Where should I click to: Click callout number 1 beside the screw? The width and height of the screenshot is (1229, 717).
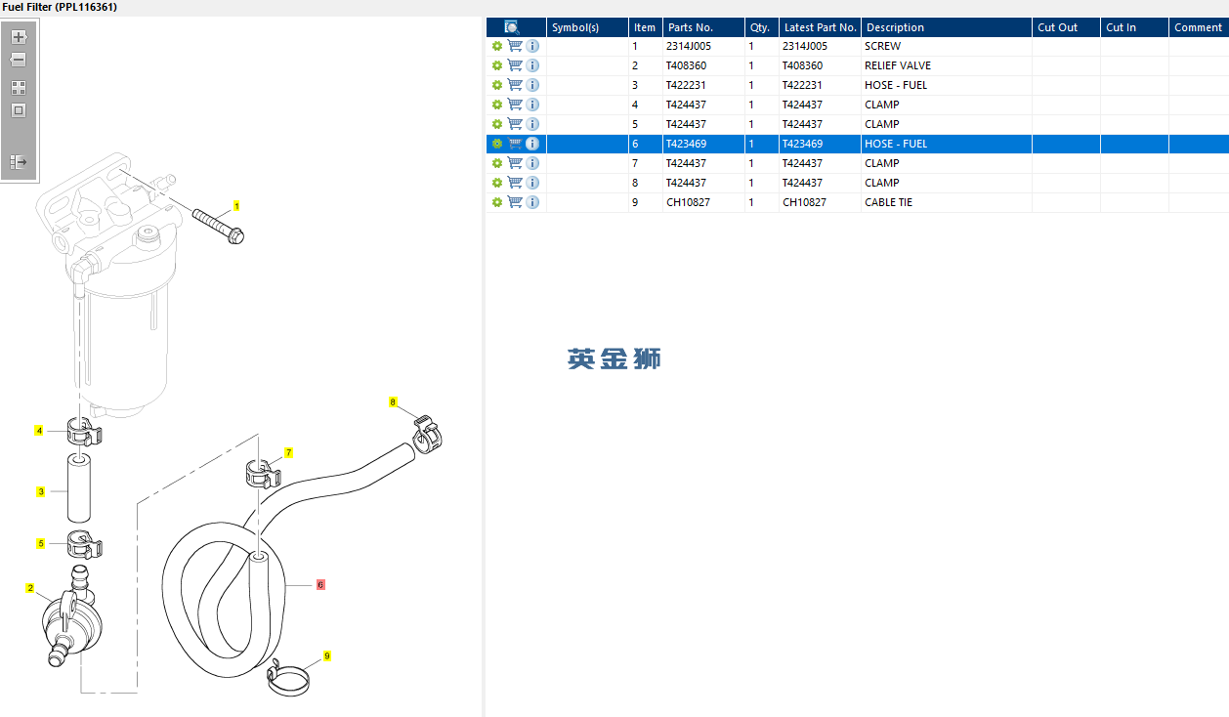(x=236, y=206)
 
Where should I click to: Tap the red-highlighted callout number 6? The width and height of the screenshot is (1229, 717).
(x=320, y=585)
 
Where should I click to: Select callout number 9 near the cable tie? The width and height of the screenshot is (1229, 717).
(x=327, y=655)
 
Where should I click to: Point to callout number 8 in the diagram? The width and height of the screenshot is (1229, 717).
(x=393, y=402)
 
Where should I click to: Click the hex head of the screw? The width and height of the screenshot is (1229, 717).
(x=235, y=236)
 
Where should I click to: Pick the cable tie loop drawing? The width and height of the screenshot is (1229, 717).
(x=287, y=679)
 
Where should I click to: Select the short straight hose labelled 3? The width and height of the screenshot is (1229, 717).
(x=79, y=487)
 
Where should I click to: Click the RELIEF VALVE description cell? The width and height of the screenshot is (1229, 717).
(x=898, y=65)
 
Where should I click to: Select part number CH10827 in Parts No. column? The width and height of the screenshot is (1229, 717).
(x=688, y=202)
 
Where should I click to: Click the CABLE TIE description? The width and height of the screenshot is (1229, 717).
(x=888, y=202)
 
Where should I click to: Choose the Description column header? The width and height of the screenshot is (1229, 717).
(x=895, y=27)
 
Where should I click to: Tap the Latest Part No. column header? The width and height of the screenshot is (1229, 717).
(x=820, y=27)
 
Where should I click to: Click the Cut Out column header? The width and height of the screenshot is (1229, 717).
(x=1057, y=27)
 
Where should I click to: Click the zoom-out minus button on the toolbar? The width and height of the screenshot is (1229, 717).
(x=19, y=60)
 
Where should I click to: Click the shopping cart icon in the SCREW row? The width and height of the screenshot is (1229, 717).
(x=515, y=46)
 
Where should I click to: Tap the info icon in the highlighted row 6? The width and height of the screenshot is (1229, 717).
(x=532, y=144)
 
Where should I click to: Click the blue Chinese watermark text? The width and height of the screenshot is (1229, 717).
(x=614, y=358)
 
